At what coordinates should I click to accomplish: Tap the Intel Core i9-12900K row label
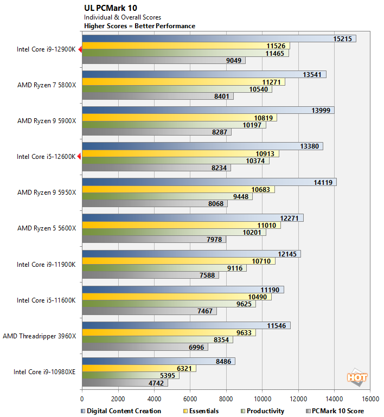coord(46,49)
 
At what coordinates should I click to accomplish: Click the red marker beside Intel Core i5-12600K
coord(80,157)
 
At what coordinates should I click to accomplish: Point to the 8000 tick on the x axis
coord(226,397)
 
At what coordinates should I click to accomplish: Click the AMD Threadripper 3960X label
coord(40,336)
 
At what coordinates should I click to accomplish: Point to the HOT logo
coord(357,377)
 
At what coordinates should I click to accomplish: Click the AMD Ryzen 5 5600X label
coord(47,228)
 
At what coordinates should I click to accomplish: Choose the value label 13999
coord(322,110)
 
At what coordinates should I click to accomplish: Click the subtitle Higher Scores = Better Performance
coord(139,26)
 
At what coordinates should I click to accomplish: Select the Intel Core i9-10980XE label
coord(45,372)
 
